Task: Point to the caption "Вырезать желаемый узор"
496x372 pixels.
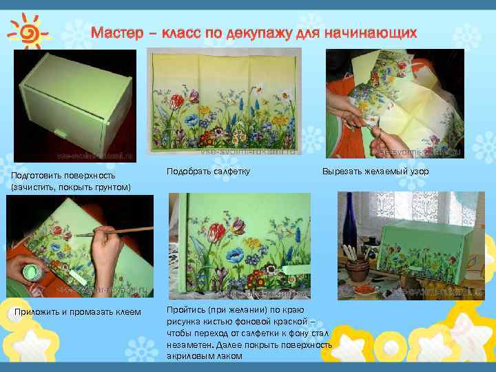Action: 375,170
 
